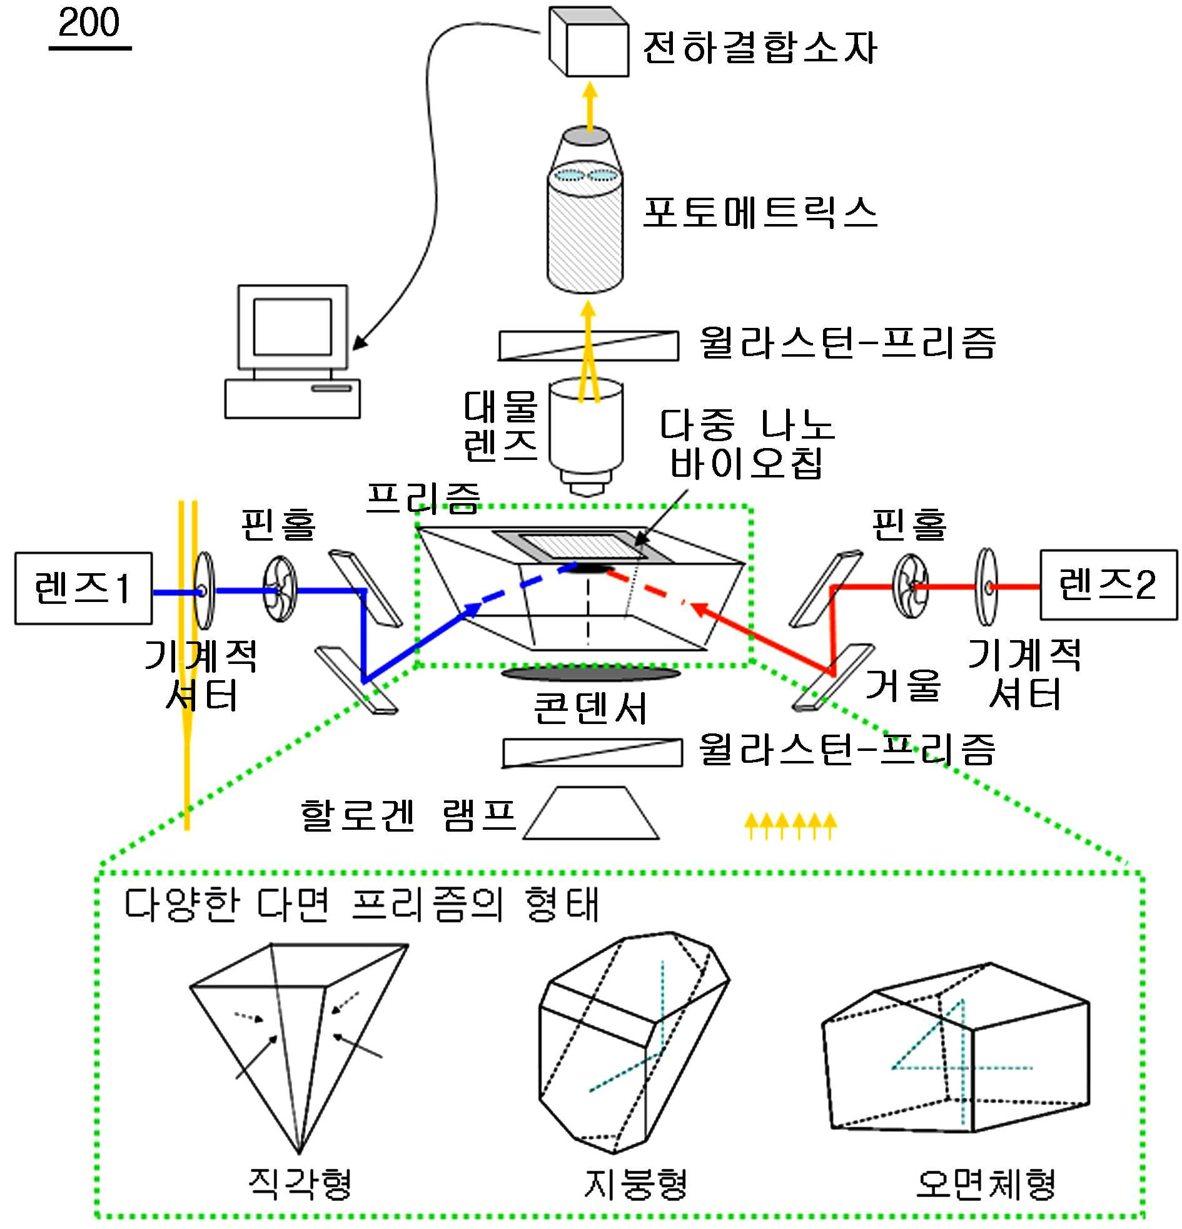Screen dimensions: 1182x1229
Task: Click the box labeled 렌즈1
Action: (83, 588)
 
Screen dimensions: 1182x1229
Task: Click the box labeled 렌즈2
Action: (1108, 585)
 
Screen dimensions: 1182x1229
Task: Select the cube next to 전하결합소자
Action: (588, 41)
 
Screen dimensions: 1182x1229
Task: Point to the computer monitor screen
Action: (292, 326)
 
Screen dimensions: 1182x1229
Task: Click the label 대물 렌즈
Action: (500, 426)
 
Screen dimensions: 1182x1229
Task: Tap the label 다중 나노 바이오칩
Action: (747, 444)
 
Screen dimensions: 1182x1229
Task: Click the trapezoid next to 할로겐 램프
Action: (591, 812)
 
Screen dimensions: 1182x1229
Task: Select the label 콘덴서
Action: (590, 708)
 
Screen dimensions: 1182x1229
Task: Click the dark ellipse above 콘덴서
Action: (590, 673)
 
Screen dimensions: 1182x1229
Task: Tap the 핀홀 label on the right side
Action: (909, 524)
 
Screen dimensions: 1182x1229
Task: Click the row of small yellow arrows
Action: (791, 826)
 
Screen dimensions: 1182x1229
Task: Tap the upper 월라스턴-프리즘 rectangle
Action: (588, 345)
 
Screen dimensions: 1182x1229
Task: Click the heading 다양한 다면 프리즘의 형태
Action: (361, 904)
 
